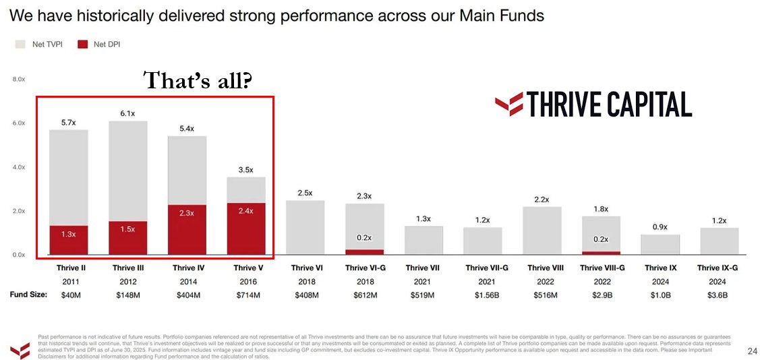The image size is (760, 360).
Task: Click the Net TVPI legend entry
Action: (x=38, y=44)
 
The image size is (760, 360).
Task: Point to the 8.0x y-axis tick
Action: (x=18, y=80)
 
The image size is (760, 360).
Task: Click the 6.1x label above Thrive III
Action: (x=128, y=113)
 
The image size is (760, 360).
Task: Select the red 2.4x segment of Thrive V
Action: (x=247, y=229)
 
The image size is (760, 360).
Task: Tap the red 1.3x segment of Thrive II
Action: (x=69, y=240)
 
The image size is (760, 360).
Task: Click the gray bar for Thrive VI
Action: (x=306, y=228)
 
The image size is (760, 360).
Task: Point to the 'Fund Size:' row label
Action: (x=28, y=295)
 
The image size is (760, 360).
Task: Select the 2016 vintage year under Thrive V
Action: (x=247, y=281)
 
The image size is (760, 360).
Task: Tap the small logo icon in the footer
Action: (x=19, y=349)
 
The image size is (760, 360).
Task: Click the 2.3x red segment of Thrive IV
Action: (x=187, y=229)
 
